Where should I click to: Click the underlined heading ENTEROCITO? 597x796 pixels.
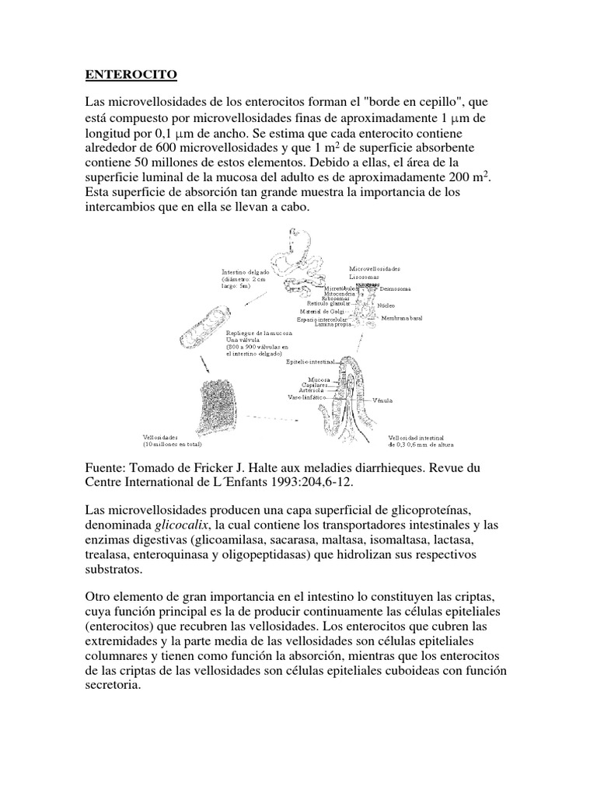tap(131, 75)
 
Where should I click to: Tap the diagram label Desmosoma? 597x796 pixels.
tap(395, 288)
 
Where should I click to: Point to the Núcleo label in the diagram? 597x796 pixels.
tap(386, 305)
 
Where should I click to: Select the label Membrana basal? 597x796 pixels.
tap(402, 319)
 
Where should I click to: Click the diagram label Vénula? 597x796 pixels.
tap(384, 400)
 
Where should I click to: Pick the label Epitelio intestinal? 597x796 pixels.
tap(311, 362)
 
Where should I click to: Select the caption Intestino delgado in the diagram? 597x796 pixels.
tap(246, 273)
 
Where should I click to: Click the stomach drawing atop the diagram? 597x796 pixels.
tap(299, 241)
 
